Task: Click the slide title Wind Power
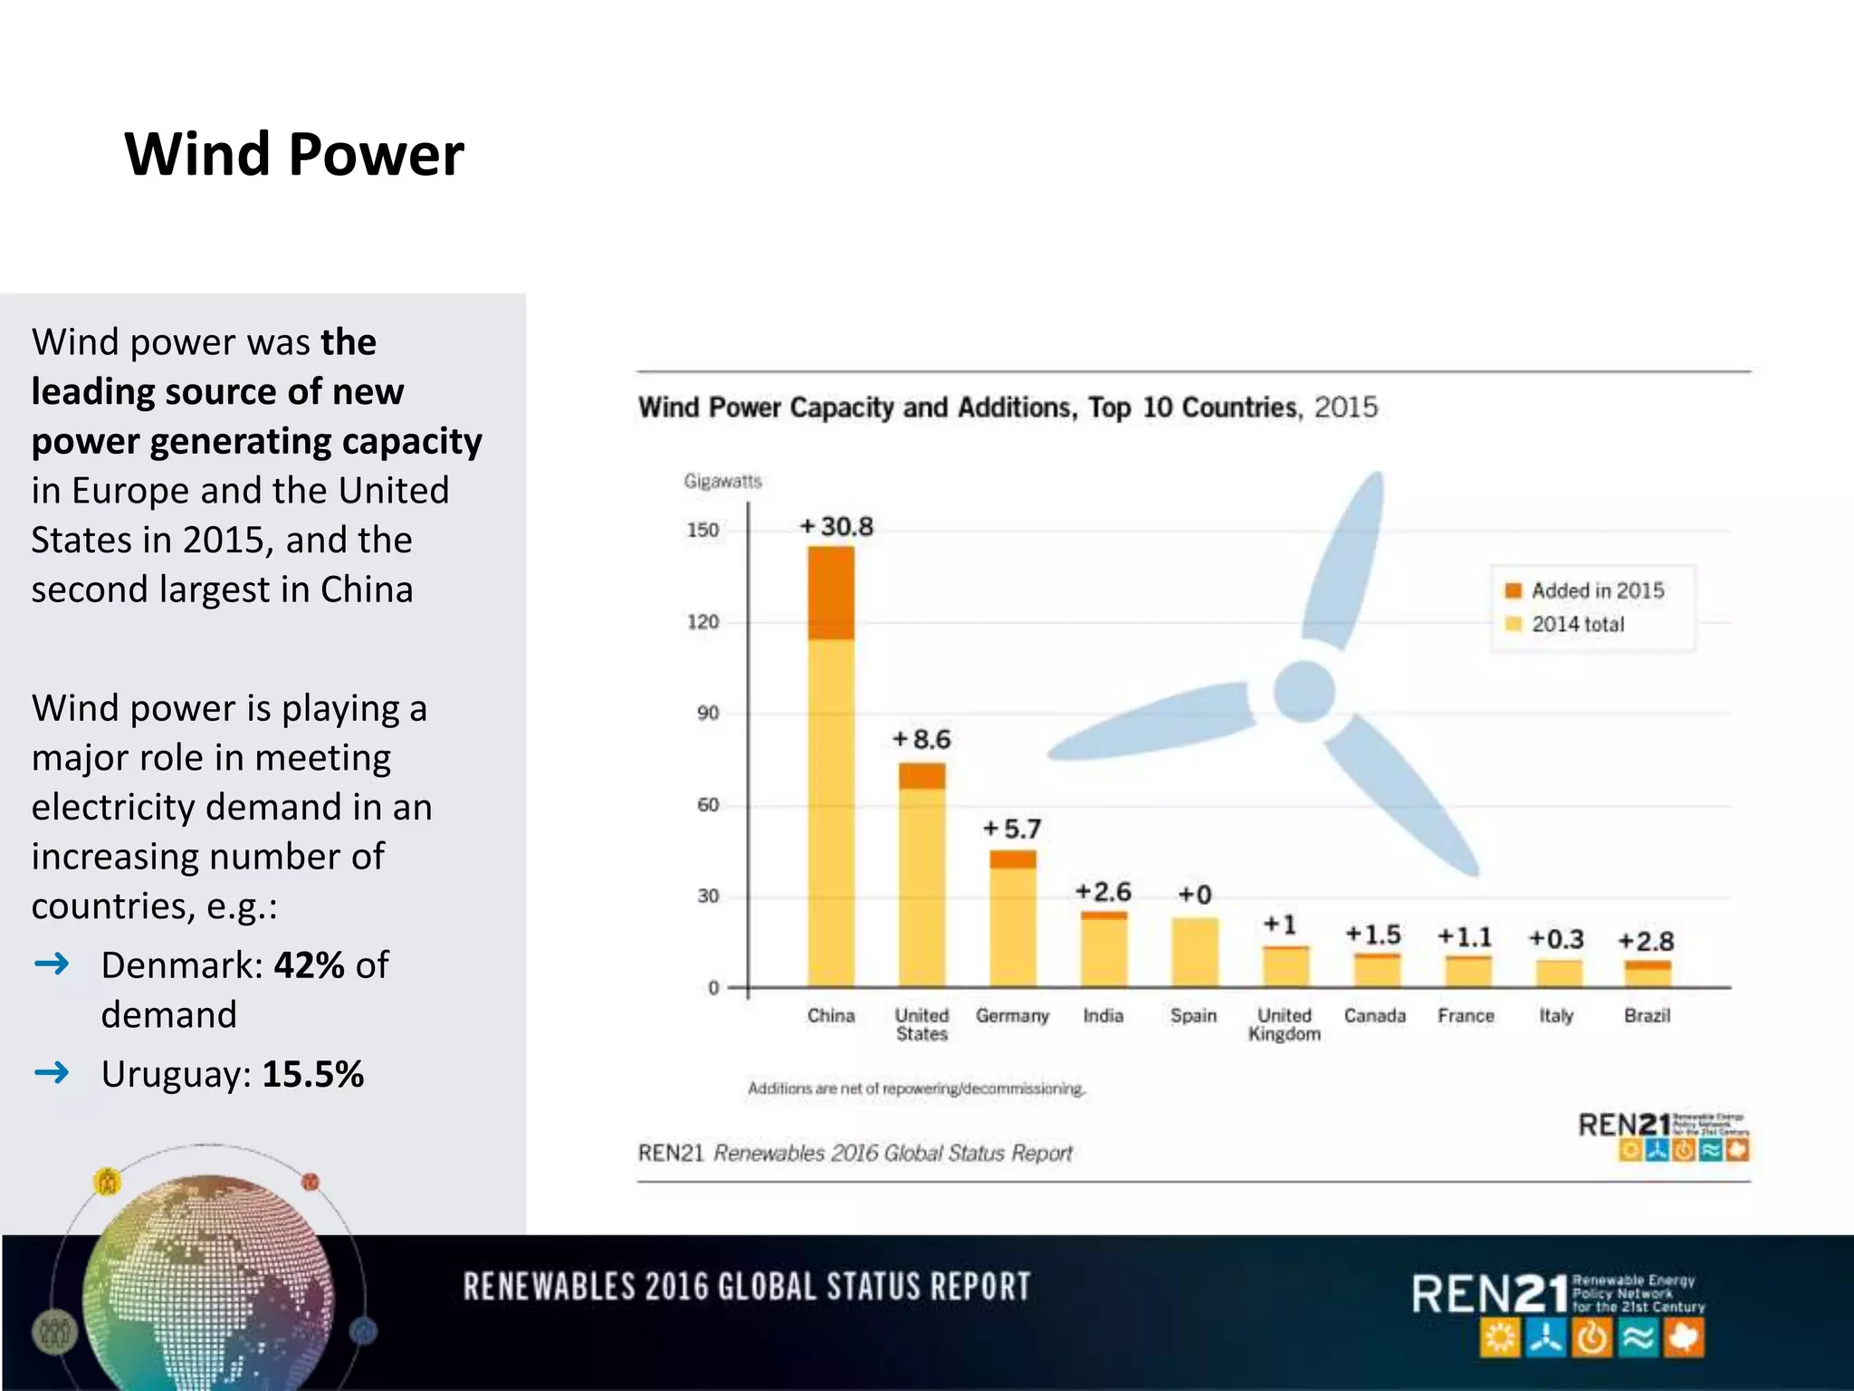294,154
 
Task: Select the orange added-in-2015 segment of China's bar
831,593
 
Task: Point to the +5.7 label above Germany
1012,829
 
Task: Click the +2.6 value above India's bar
1103,892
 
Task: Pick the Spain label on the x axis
1193,1016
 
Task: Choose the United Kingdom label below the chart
1284,1024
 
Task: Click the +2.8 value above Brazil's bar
1646,941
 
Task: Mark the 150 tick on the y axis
702,530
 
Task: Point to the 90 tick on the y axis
708,714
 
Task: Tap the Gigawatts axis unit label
722,481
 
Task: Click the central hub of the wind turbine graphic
1304,692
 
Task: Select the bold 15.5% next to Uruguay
313,1074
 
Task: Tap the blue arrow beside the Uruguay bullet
52,1073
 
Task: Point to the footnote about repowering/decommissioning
916,1089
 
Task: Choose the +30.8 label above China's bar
837,526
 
